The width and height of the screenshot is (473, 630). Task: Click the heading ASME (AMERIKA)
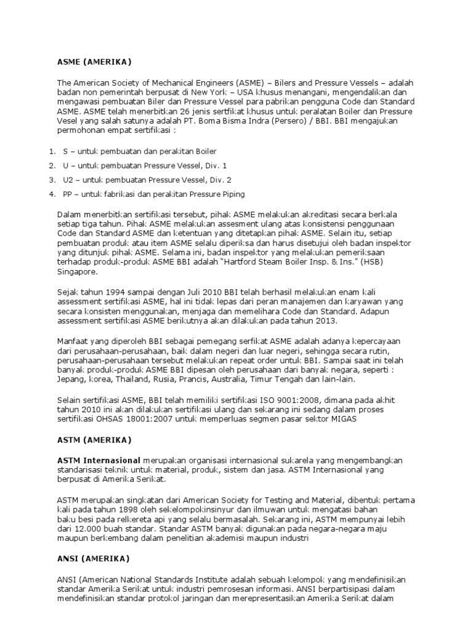(x=94, y=62)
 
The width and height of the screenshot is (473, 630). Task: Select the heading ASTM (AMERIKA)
(x=94, y=440)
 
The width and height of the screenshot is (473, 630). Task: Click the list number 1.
(x=51, y=151)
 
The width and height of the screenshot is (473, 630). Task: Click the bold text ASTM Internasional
(x=99, y=460)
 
